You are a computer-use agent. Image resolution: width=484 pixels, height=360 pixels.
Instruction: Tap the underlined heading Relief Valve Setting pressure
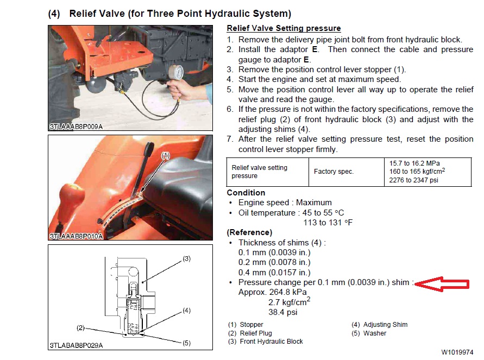(x=284, y=28)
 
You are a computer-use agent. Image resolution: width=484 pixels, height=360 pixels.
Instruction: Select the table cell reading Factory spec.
(x=334, y=172)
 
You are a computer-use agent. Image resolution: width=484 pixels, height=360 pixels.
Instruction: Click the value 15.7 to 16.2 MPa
(x=413, y=163)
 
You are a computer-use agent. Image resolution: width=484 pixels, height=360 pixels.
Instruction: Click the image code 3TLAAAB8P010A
(x=76, y=237)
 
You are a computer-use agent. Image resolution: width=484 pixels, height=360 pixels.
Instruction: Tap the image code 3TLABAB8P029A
(x=76, y=345)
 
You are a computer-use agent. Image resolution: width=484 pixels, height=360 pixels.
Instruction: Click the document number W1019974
(x=457, y=352)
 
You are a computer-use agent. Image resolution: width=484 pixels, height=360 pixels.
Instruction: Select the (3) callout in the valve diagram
(x=186, y=259)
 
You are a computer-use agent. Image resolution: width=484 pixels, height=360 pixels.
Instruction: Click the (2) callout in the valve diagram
(x=81, y=328)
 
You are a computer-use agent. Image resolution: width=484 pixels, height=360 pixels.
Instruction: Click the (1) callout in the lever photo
(x=166, y=155)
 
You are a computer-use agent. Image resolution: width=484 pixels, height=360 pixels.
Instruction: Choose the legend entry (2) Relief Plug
(x=250, y=333)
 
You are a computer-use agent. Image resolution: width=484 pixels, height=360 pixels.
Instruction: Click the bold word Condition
(x=246, y=193)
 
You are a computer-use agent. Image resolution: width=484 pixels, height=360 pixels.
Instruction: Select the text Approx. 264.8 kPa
(x=273, y=292)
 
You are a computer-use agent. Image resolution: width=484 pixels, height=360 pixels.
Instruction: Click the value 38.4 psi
(x=283, y=312)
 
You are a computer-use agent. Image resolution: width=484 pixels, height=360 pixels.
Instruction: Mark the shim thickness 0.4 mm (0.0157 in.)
(x=274, y=273)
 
